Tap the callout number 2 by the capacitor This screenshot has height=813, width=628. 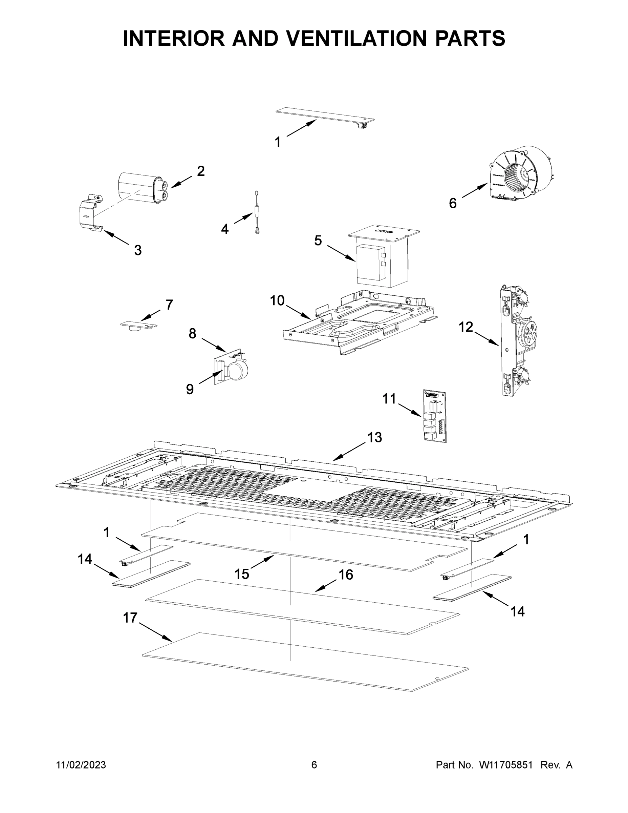coord(200,171)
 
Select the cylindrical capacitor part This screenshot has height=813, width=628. coord(142,188)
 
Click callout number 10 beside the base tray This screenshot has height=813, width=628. coord(277,300)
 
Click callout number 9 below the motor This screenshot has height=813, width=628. coord(190,389)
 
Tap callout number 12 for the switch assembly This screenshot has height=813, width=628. coord(465,327)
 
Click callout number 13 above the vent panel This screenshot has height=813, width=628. coord(375,437)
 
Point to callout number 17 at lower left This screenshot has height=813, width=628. coord(130,618)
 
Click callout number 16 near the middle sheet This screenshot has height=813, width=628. coord(346,575)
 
